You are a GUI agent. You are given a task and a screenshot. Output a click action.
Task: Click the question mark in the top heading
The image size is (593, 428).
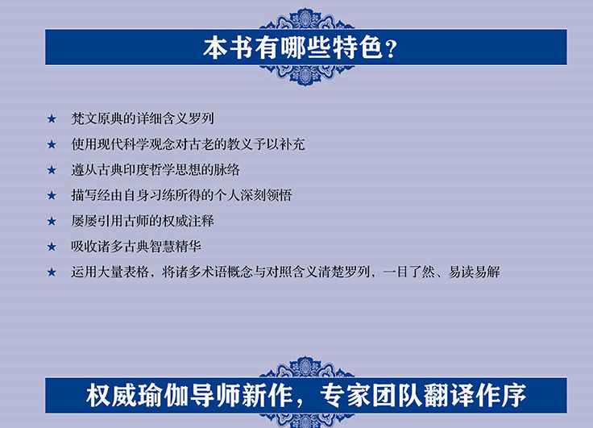tap(391, 49)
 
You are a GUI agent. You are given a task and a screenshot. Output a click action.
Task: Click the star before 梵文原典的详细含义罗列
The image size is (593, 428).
tap(52, 118)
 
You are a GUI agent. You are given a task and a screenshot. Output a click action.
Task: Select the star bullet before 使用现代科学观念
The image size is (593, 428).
tap(52, 144)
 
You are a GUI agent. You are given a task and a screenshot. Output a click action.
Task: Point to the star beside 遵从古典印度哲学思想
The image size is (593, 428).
tap(52, 170)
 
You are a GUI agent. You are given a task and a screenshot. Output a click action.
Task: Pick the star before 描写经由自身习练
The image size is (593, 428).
tap(52, 196)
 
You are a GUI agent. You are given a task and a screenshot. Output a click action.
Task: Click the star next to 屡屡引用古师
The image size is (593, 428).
tap(52, 221)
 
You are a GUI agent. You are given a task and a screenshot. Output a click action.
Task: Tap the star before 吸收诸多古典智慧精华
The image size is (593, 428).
tap(52, 247)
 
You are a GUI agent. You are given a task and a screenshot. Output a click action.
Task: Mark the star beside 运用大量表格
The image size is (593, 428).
tap(52, 272)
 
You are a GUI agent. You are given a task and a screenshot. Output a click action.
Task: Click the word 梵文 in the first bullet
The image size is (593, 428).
tap(84, 118)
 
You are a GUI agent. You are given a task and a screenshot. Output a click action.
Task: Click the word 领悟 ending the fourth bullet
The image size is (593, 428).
tap(279, 195)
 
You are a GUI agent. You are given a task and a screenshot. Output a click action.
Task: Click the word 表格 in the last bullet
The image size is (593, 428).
tap(136, 272)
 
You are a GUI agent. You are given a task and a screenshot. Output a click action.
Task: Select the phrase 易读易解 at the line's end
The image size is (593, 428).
tap(475, 272)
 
